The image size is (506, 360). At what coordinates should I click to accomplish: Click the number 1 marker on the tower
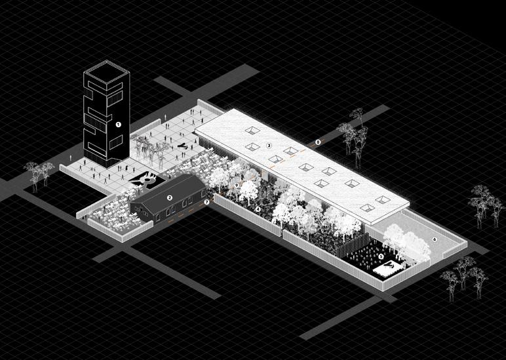pyautogui.click(x=119, y=124)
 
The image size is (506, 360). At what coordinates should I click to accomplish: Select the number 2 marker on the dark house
pyautogui.click(x=169, y=197)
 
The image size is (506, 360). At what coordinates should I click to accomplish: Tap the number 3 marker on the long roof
pyautogui.click(x=269, y=146)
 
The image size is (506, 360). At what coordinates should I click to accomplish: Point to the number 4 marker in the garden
pyautogui.click(x=258, y=209)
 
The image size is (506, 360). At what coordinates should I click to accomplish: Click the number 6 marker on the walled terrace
pyautogui.click(x=435, y=239)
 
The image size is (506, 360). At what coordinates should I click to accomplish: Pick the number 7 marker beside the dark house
pyautogui.click(x=206, y=203)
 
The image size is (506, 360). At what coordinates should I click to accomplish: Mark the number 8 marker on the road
pyautogui.click(x=319, y=142)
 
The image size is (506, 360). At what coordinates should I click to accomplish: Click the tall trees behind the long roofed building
pyautogui.click(x=354, y=134)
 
